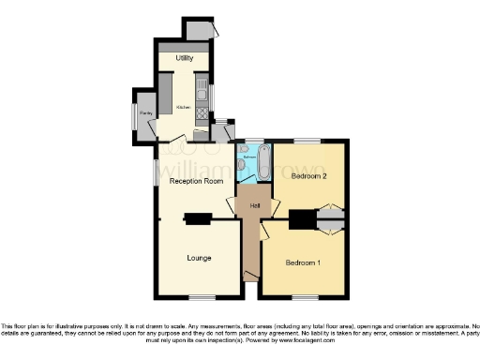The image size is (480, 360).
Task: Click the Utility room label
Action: [184, 59]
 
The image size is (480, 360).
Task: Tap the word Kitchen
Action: [183, 107]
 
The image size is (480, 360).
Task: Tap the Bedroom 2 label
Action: [308, 176]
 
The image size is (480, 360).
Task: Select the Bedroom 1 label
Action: [304, 262]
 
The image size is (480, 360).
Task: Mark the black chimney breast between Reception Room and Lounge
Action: [198, 220]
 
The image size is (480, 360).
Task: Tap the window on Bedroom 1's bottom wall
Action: [304, 297]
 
